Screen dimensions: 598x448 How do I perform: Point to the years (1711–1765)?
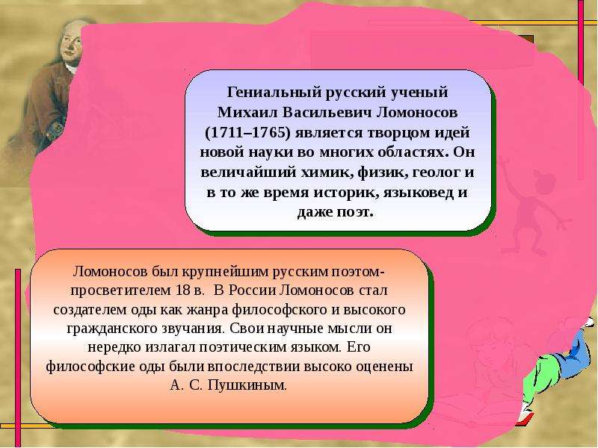click(x=248, y=133)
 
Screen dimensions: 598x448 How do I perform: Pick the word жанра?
click(x=208, y=309)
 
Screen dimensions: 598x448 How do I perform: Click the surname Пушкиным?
click(x=247, y=385)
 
